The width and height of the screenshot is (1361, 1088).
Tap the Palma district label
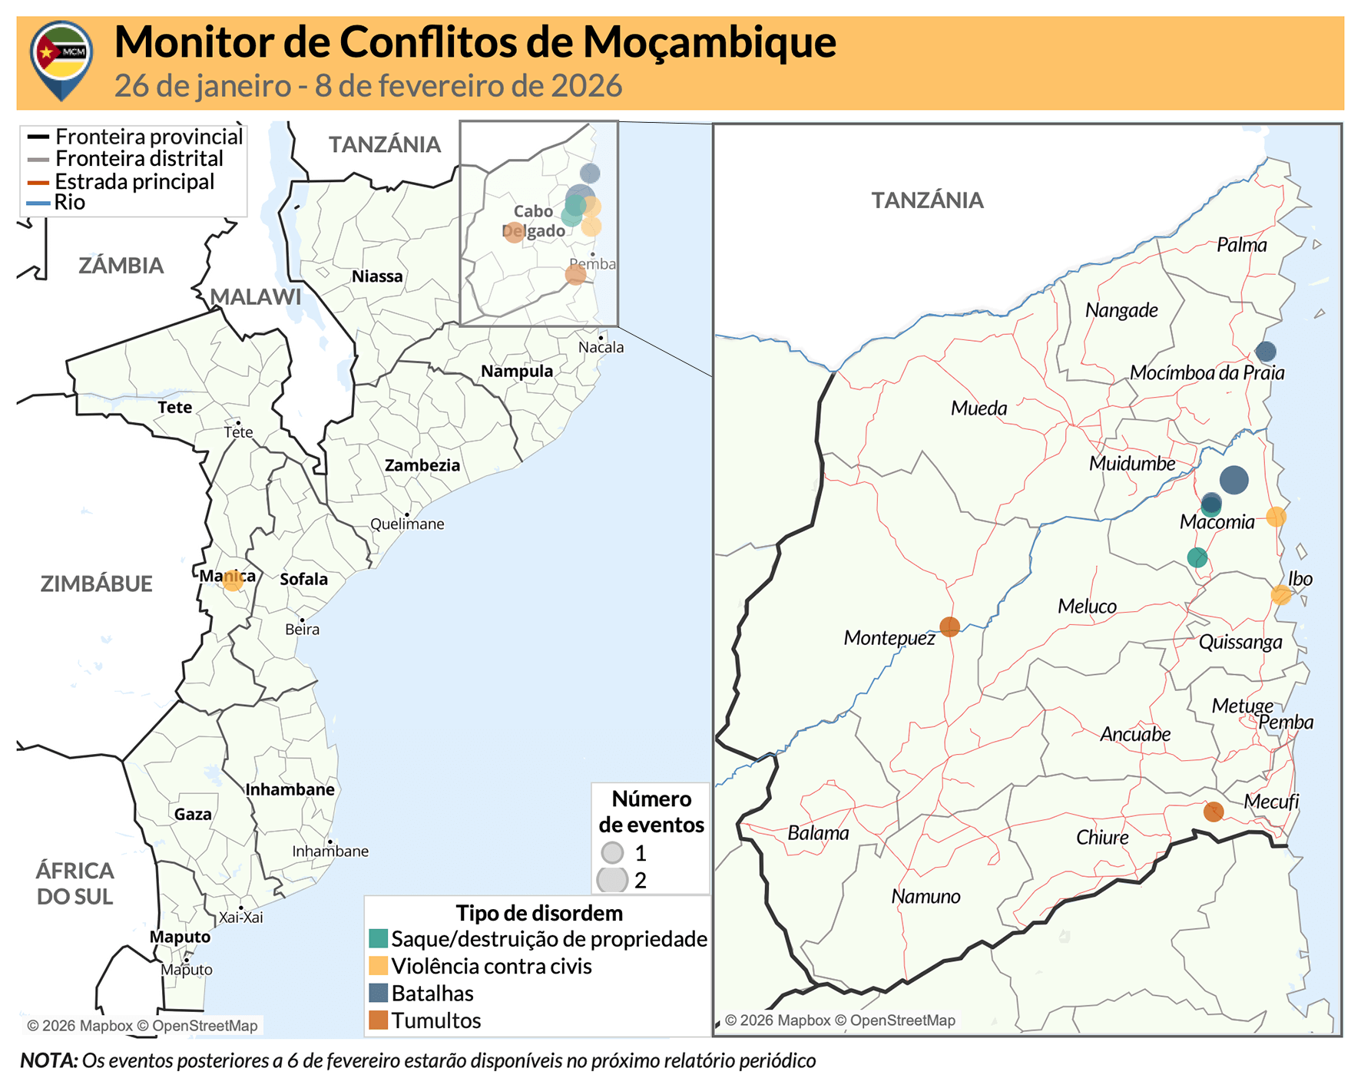(x=1241, y=245)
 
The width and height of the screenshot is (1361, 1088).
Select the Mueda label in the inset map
(x=979, y=408)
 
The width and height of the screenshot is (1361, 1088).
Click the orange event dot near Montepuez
(x=949, y=627)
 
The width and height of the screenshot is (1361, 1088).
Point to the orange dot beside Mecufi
(x=1213, y=812)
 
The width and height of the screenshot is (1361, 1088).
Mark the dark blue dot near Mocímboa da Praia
(x=1265, y=352)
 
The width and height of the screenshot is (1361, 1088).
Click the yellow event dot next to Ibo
(x=1280, y=594)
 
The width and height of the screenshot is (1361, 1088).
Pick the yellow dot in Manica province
(x=232, y=581)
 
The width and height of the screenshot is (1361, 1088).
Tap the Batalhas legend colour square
(x=378, y=993)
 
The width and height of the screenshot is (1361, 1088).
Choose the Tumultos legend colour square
(x=378, y=1020)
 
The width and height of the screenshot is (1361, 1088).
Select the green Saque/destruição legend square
(x=378, y=938)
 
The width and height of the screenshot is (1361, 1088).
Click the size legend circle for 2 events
(x=612, y=880)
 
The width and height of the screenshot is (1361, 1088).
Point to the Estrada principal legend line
(x=38, y=182)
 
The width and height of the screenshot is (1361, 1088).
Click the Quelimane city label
(x=406, y=524)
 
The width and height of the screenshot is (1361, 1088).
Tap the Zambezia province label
(x=422, y=465)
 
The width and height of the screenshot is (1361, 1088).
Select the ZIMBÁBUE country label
(x=96, y=584)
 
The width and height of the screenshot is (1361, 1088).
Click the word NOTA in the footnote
(x=48, y=1060)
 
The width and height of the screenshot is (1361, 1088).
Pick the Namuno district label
(x=926, y=896)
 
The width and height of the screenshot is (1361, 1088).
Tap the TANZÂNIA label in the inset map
(x=927, y=200)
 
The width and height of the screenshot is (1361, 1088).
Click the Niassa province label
(x=376, y=276)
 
